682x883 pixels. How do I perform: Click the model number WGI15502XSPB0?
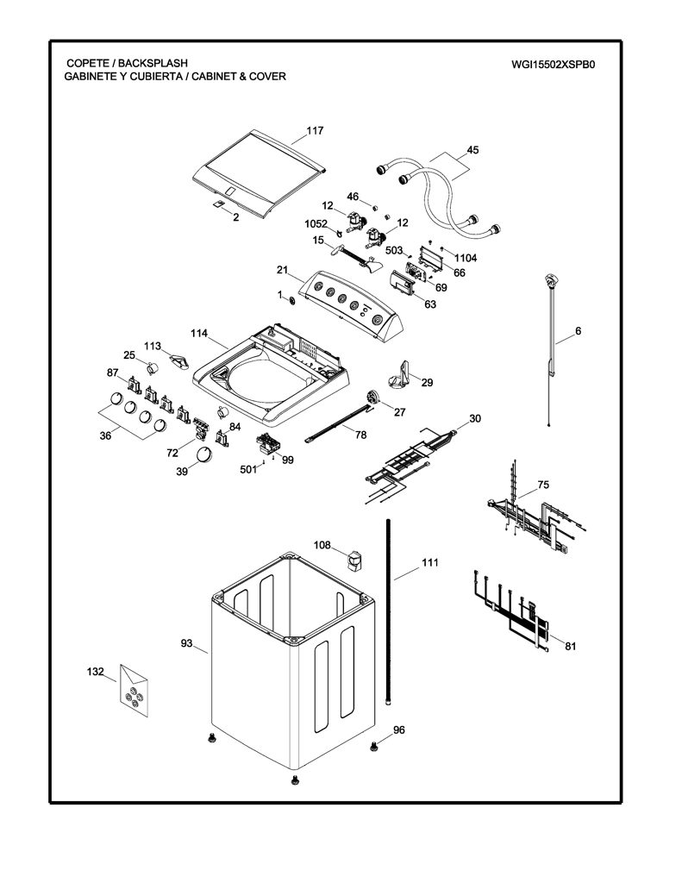tap(553, 64)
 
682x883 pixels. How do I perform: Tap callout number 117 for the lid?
tap(315, 131)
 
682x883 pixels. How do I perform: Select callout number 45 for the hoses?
tap(472, 150)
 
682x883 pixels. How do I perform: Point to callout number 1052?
tap(316, 223)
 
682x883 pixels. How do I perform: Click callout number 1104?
tap(466, 258)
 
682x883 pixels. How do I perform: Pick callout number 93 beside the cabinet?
tap(186, 643)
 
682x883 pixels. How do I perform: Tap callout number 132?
tap(95, 671)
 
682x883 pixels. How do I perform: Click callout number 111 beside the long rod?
tap(429, 562)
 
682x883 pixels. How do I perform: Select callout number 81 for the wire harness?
tap(571, 646)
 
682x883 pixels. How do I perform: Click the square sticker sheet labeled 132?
tap(134, 691)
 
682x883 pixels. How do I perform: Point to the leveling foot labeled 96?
tap(372, 747)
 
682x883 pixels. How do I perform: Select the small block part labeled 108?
tap(354, 560)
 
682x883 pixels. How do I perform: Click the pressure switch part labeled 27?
tap(372, 398)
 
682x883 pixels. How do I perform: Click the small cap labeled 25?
tap(153, 368)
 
